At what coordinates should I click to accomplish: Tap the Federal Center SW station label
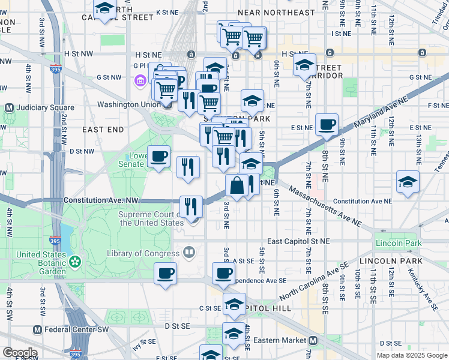tap(71, 329)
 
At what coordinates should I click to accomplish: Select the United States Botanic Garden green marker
tap(74, 262)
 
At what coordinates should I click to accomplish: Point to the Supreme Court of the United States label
tap(151, 218)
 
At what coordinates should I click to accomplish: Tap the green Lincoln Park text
tap(395, 243)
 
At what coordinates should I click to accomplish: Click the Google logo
tap(19, 353)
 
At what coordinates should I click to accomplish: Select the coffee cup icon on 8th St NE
tap(327, 125)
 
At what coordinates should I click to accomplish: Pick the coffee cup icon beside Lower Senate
tap(158, 157)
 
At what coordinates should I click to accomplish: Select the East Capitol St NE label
tap(298, 241)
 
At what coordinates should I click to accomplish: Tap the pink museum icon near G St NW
tap(140, 80)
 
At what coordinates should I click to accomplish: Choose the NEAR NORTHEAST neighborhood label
tap(276, 12)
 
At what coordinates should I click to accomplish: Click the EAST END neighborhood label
tap(103, 129)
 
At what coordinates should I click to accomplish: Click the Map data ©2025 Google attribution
tap(411, 355)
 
